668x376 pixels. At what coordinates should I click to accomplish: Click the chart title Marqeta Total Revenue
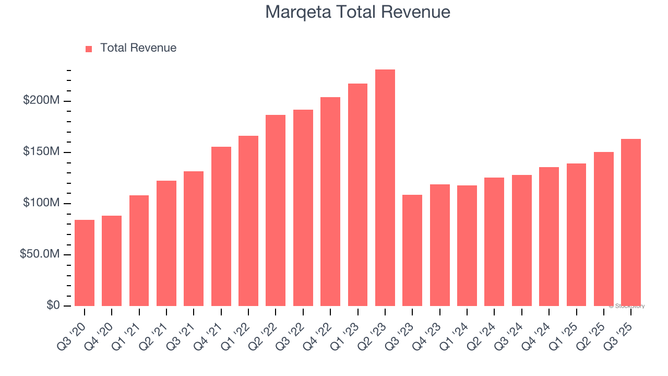357,11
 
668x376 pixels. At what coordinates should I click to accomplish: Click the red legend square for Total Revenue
89,49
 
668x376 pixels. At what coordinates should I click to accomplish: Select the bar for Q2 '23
385,188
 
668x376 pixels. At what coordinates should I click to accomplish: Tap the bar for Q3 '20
85,263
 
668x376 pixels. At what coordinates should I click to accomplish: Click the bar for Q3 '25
631,222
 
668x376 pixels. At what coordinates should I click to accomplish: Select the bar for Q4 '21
221,226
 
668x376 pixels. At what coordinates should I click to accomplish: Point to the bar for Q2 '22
276,210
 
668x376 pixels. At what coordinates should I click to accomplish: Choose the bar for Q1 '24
467,245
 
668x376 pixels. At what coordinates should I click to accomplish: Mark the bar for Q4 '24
549,237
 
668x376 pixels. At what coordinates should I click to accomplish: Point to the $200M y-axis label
41,100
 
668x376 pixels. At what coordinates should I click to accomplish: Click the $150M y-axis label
41,151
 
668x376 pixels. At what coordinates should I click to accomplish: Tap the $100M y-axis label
41,203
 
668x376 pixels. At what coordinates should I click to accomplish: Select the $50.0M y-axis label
40,254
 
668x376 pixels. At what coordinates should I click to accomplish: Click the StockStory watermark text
627,306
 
